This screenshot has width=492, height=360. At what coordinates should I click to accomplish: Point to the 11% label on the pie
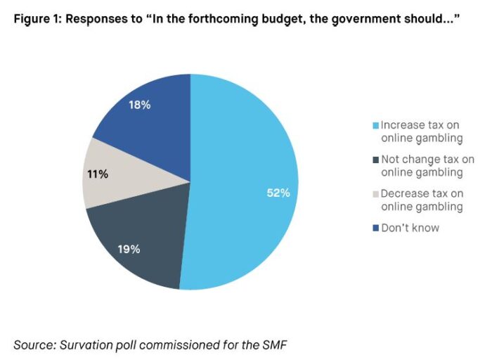98,174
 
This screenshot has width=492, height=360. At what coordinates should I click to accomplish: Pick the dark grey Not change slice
148,225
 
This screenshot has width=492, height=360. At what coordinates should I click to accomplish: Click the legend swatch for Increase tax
376,126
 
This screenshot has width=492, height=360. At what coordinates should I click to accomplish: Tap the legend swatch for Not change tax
376,160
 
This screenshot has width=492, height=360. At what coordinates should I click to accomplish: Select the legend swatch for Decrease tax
376,194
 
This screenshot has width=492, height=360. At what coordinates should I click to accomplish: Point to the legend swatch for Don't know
376,228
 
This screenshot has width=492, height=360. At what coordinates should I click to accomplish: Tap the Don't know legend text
410,228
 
